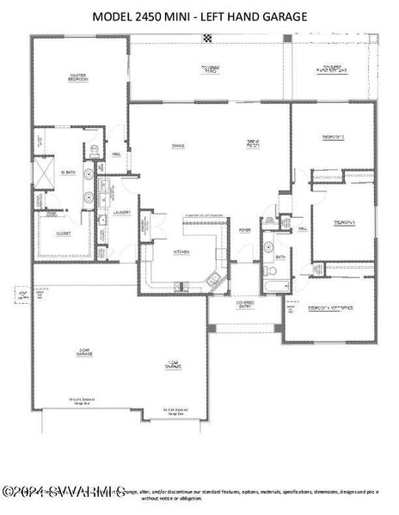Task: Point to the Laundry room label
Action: click(x=121, y=212)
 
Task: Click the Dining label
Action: click(x=178, y=146)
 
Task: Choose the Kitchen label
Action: click(x=181, y=251)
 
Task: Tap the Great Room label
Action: click(x=254, y=145)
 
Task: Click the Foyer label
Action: click(x=245, y=229)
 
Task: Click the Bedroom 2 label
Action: click(x=333, y=136)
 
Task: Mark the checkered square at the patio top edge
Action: click(x=206, y=38)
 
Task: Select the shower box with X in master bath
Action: click(x=43, y=171)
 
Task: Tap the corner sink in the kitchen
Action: click(x=214, y=277)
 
